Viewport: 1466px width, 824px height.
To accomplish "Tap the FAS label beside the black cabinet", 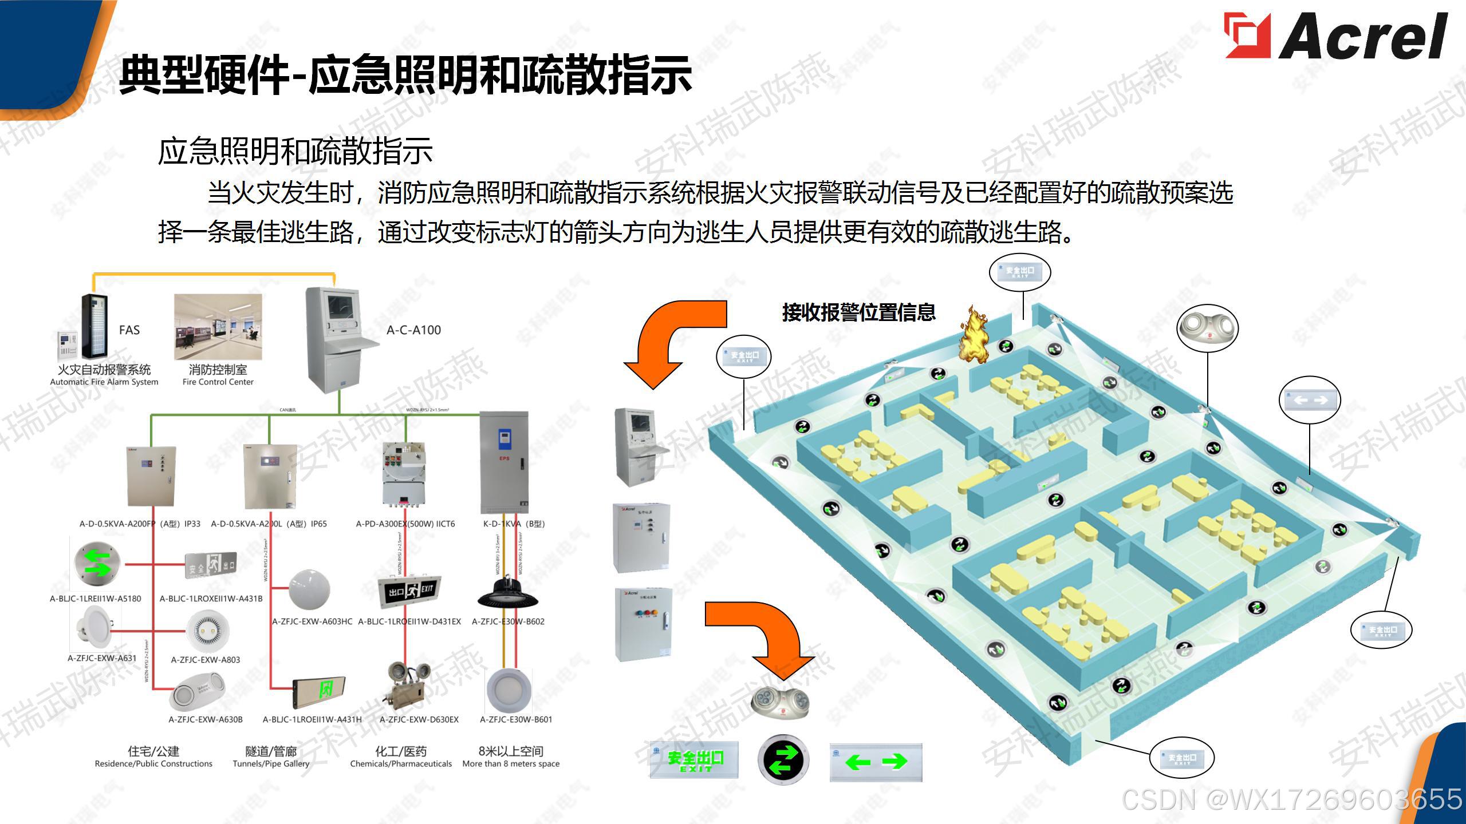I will (129, 330).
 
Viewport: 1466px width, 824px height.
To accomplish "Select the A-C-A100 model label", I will (413, 330).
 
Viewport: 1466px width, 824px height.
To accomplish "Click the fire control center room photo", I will (218, 327).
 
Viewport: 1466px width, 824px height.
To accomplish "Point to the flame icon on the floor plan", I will (973, 335).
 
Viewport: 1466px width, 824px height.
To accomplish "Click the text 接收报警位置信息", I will (858, 312).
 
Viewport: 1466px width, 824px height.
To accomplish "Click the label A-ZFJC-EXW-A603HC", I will (312, 621).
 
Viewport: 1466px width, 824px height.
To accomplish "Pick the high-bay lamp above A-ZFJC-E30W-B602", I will (507, 592).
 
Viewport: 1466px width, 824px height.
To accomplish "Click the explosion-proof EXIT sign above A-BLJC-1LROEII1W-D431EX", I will (409, 591).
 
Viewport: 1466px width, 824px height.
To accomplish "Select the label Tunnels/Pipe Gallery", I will (271, 764).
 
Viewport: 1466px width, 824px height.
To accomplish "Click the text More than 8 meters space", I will (511, 764).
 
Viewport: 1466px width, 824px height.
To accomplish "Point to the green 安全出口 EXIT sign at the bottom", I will (694, 760).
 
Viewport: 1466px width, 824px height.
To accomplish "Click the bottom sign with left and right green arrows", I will (876, 762).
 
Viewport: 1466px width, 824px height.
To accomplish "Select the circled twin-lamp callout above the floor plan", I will (1207, 328).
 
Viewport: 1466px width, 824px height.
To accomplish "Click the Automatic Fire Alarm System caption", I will (104, 382).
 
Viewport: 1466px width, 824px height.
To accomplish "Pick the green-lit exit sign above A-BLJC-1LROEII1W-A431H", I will (320, 690).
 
